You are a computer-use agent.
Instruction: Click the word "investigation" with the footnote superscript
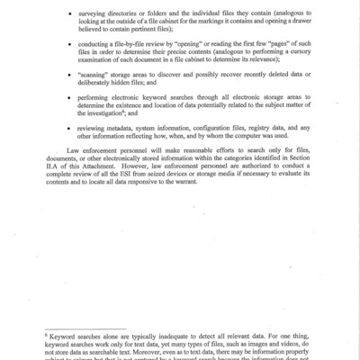[x=115, y=157]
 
